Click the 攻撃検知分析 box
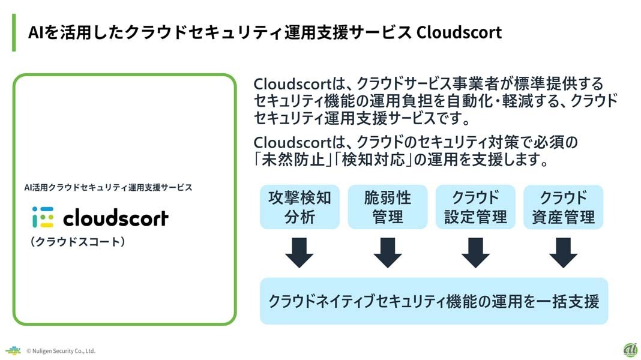[x=299, y=207]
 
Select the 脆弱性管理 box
[x=388, y=207]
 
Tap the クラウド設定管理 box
[x=475, y=207]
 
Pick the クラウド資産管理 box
[x=564, y=207]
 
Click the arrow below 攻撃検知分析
[x=299, y=253]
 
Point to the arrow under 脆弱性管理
[x=388, y=253]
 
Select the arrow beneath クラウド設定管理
[x=475, y=253]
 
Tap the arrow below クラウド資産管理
[x=564, y=253]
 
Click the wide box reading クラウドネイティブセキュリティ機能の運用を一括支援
[x=434, y=301]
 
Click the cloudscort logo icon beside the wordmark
[x=43, y=217]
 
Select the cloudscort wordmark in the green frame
[x=116, y=218]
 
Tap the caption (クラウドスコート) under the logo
[x=77, y=241]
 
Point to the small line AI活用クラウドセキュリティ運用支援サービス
[x=108, y=188]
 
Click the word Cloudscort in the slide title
[x=459, y=32]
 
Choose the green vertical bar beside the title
[x=14, y=32]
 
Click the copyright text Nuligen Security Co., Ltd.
[x=61, y=350]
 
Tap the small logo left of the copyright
[x=13, y=350]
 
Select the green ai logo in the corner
[x=631, y=350]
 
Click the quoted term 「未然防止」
[x=293, y=160]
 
